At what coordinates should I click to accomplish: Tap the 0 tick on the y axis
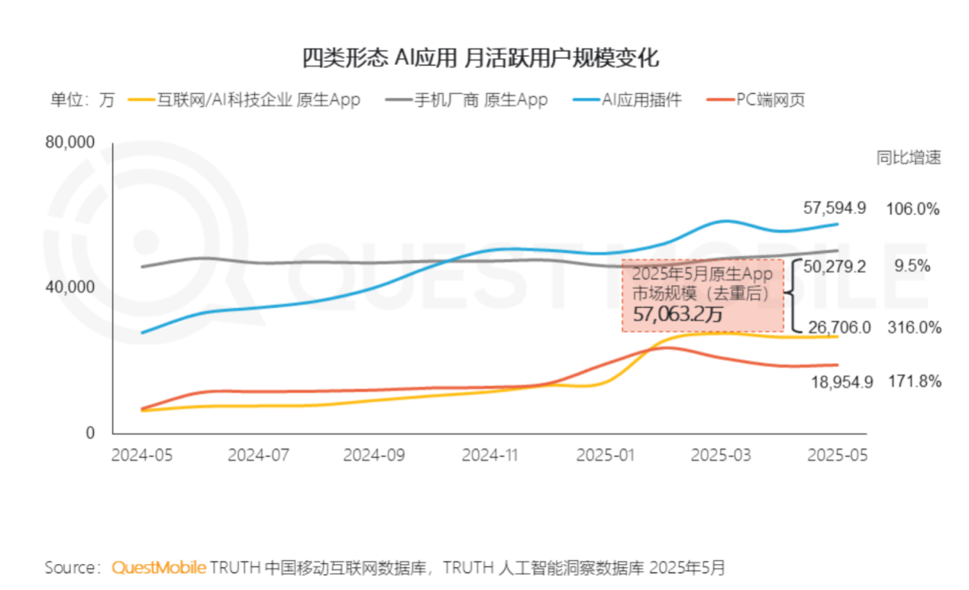90,433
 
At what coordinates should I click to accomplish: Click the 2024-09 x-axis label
375,455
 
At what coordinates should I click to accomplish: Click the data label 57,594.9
835,208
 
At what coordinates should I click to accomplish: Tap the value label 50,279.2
835,266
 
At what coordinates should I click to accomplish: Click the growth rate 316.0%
913,327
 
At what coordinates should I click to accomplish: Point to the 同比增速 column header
908,158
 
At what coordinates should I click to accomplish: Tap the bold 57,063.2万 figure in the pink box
677,314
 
